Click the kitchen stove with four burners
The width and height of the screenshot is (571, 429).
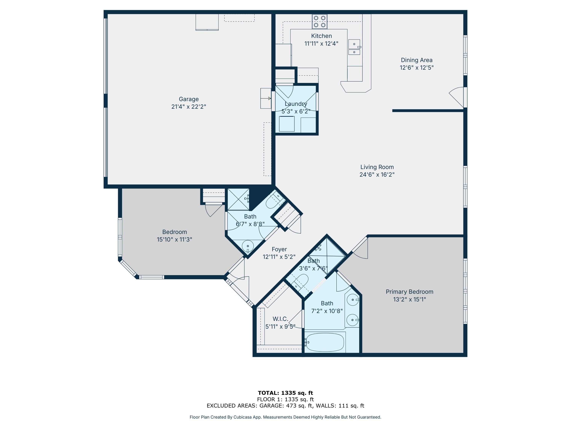[x=320, y=22]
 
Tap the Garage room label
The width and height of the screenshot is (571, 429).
[x=189, y=99]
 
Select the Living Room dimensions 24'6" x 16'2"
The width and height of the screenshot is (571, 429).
[x=377, y=174]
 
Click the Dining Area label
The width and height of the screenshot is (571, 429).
[x=416, y=60]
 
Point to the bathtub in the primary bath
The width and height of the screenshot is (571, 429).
[x=325, y=342]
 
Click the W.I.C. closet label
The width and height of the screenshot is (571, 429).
[x=280, y=319]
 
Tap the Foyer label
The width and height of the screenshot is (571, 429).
[x=279, y=249]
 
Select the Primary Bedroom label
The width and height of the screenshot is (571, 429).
[x=409, y=292]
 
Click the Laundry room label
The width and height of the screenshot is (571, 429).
[x=296, y=104]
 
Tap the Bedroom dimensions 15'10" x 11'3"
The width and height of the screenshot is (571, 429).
[x=175, y=239]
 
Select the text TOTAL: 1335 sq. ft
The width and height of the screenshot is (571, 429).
[x=285, y=393]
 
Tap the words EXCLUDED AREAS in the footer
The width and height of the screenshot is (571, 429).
[x=232, y=406]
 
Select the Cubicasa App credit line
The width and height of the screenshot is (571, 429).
[x=285, y=417]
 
